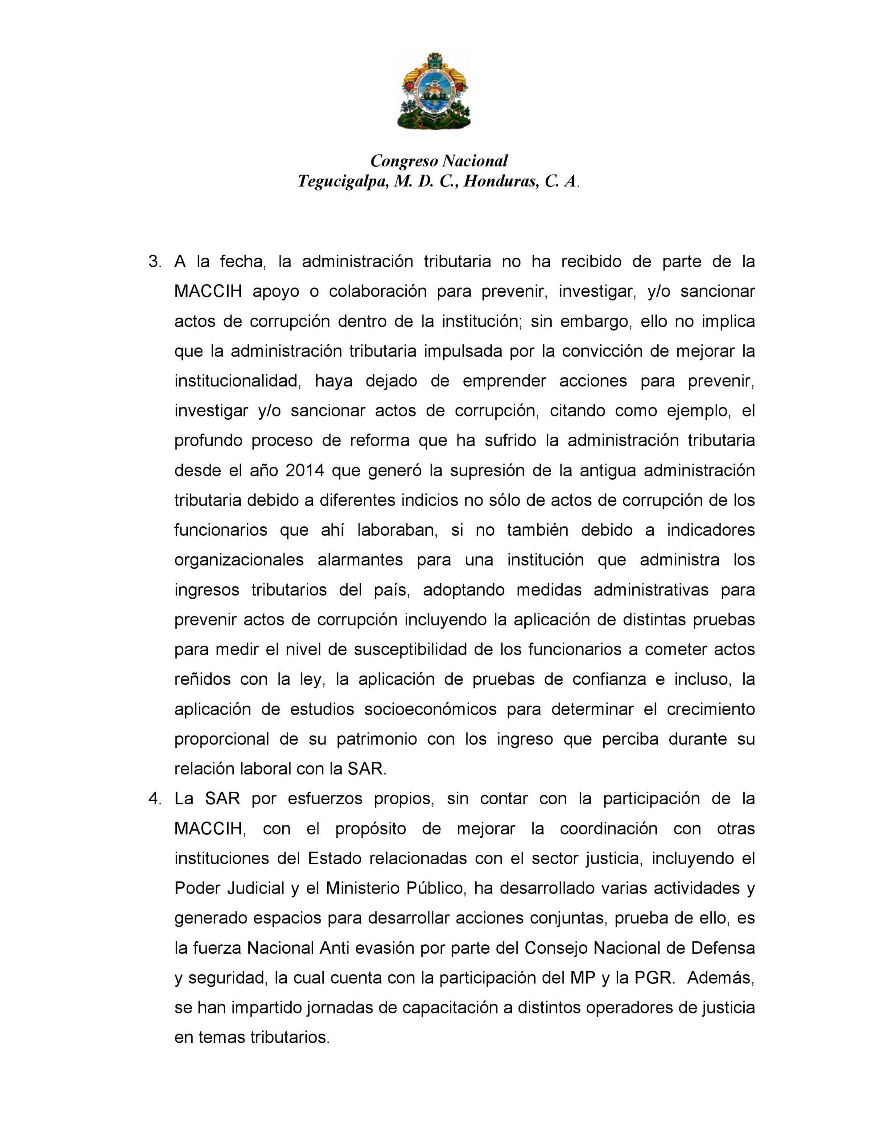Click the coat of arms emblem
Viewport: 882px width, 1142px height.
pos(433,91)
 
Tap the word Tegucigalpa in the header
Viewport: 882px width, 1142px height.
pos(342,182)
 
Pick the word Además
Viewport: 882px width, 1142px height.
pos(721,978)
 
